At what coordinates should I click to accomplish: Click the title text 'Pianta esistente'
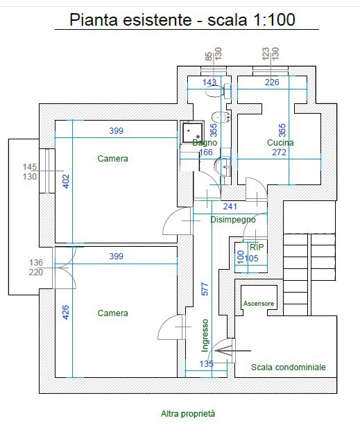130,20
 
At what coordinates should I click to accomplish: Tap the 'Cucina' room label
280,143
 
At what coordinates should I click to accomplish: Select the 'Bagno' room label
205,143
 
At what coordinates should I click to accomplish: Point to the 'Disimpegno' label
233,220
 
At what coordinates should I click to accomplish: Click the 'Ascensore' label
259,304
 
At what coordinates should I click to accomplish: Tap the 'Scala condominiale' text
288,367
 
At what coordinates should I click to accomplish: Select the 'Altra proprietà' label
188,414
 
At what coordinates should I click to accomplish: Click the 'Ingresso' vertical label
205,336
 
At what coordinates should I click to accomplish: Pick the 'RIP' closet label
257,248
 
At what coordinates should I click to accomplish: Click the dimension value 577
205,289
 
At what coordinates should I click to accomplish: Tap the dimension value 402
66,182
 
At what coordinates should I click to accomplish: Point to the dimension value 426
66,312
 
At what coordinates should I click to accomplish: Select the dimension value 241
230,207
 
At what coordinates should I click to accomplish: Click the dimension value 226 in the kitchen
272,82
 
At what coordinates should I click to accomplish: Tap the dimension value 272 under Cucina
280,153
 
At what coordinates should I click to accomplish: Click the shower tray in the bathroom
192,132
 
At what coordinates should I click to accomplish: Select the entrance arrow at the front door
233,351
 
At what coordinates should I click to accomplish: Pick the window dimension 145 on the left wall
30,167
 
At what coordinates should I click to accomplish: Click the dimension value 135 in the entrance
206,364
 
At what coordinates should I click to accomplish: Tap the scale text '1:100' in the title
274,20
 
